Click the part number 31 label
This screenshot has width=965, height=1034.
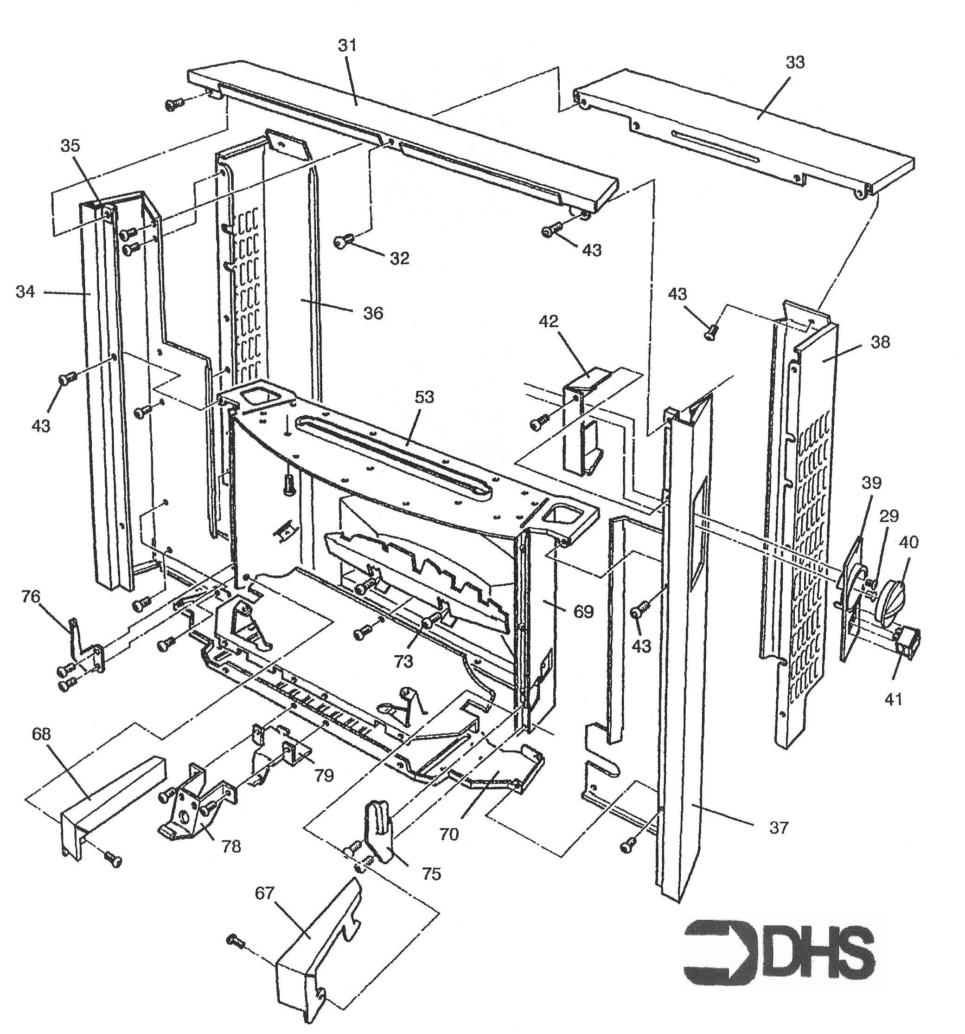(348, 46)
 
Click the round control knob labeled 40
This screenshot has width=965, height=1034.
(891, 602)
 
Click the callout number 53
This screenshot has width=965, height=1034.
(424, 397)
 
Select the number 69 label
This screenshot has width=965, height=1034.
(583, 612)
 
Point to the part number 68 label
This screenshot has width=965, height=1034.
(41, 734)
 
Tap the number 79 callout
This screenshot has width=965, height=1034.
(323, 775)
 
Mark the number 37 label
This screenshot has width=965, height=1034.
(779, 827)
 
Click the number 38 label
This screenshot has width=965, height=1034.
(880, 342)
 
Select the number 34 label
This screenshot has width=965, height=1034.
(25, 292)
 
